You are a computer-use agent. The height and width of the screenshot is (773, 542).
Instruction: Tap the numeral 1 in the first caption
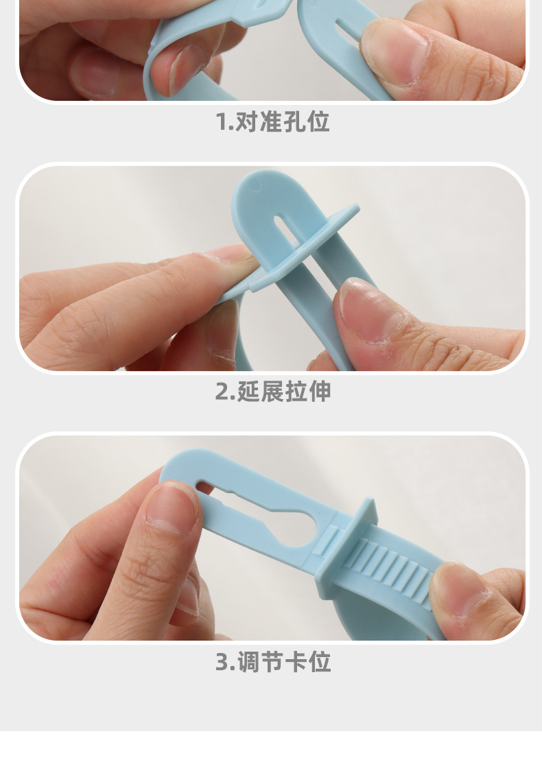pos(220,122)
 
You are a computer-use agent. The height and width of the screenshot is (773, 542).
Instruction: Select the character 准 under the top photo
pos(271,122)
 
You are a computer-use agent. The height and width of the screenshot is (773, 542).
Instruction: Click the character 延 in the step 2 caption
pos(248,392)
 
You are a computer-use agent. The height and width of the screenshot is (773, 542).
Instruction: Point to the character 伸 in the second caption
pos(320,392)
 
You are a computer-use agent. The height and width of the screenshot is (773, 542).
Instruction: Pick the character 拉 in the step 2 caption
pos(296,392)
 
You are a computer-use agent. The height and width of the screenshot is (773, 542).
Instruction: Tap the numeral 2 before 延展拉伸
pos(222,392)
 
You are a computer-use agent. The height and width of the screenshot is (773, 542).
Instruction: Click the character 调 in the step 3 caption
pos(248,662)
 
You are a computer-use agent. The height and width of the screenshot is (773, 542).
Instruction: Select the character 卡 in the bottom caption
pos(296,662)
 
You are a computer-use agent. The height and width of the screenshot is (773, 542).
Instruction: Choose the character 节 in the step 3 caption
pos(272,662)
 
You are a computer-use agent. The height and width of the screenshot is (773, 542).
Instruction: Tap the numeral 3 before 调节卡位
pos(222,663)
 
